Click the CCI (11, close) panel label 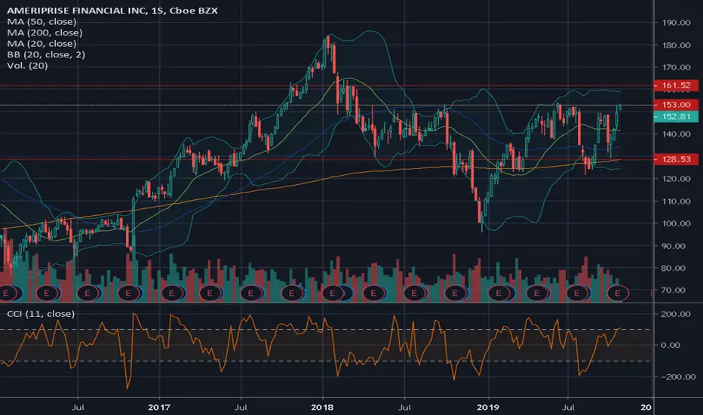pos(38,313)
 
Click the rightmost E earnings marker pos(619,292)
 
